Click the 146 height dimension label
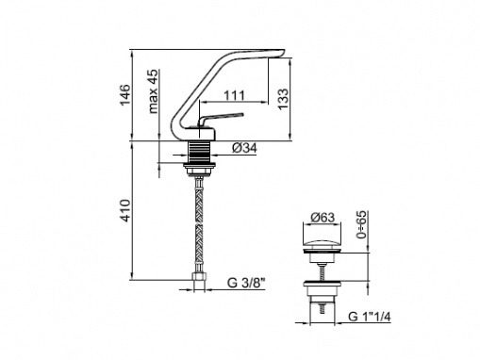coord(125,95)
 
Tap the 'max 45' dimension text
coord(154,91)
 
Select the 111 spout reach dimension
coord(234,95)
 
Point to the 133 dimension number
coord(283,99)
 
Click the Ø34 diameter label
coord(244,148)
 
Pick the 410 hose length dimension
coord(125,210)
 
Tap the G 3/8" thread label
coord(246,283)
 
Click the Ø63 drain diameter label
coord(323,218)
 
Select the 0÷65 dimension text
coord(361,224)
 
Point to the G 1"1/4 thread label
coord(370,317)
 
